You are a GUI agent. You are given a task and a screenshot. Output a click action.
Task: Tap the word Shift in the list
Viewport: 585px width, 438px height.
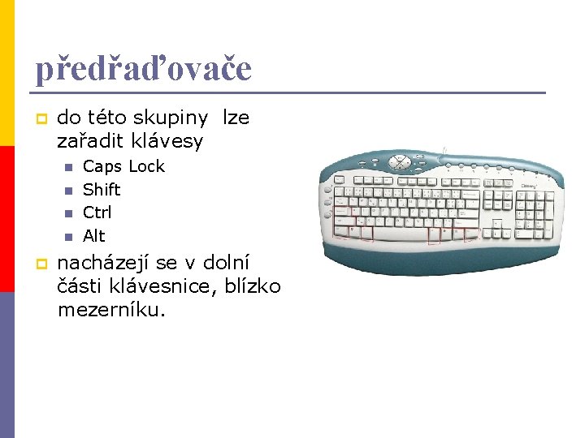(102, 190)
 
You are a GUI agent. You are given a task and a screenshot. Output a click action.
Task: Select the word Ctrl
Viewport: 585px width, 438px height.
(97, 213)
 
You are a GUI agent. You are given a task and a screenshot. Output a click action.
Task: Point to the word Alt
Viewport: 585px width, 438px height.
(94, 236)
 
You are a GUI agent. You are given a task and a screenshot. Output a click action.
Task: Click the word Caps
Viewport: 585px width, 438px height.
(102, 167)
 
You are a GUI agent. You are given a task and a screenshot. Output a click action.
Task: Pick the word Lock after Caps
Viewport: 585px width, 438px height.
(146, 166)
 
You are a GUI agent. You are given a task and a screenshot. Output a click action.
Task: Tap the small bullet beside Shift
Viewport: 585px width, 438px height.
(68, 191)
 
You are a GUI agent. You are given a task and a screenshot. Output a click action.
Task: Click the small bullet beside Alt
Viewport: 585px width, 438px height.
(68, 237)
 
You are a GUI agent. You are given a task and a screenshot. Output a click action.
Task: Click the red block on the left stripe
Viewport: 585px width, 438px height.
(7, 219)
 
